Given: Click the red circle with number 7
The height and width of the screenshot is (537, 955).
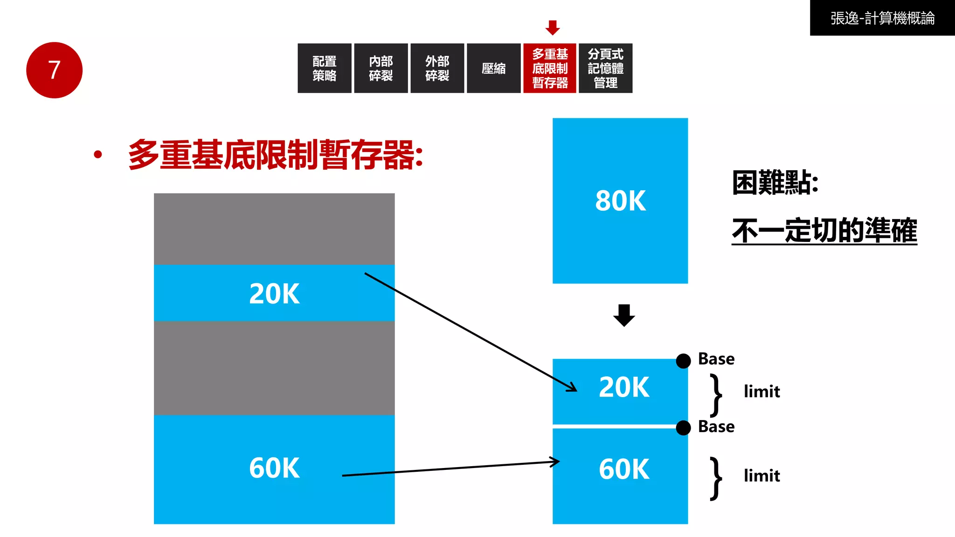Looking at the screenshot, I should (x=54, y=70).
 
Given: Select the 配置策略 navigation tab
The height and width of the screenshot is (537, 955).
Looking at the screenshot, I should (x=324, y=68).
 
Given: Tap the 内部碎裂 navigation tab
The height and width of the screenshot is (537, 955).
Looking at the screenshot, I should (x=381, y=68).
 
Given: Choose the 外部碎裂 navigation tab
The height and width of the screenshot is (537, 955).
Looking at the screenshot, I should (x=437, y=68).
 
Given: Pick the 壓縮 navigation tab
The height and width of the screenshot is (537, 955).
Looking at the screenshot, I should (x=493, y=68).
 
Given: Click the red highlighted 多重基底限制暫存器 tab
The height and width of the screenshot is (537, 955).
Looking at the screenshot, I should (x=550, y=68).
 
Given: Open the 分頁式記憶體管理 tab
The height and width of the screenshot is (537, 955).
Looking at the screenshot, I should (x=605, y=68).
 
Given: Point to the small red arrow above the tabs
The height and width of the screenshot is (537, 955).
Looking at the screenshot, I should (x=553, y=28).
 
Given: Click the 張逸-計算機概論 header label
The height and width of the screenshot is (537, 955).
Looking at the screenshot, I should (x=882, y=18).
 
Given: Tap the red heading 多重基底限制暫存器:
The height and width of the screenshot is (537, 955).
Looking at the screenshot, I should (x=276, y=155).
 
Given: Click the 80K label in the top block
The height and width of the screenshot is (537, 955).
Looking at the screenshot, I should (x=620, y=201).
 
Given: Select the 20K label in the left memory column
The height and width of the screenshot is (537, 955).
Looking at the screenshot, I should (x=274, y=294).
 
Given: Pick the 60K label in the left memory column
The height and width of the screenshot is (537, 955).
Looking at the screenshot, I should (x=274, y=468).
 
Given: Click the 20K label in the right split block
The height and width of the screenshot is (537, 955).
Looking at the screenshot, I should (x=624, y=387).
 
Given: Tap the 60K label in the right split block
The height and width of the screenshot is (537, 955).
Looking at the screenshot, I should (x=624, y=469).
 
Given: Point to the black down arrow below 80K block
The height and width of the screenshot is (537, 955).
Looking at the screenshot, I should (x=624, y=315).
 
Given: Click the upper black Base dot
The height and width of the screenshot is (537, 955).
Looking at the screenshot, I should (x=683, y=360).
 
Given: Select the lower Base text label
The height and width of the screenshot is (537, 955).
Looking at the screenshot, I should (x=716, y=427).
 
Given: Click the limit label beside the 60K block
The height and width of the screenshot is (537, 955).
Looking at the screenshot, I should (x=761, y=476).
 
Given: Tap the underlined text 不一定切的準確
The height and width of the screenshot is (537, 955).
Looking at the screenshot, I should (x=824, y=230).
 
